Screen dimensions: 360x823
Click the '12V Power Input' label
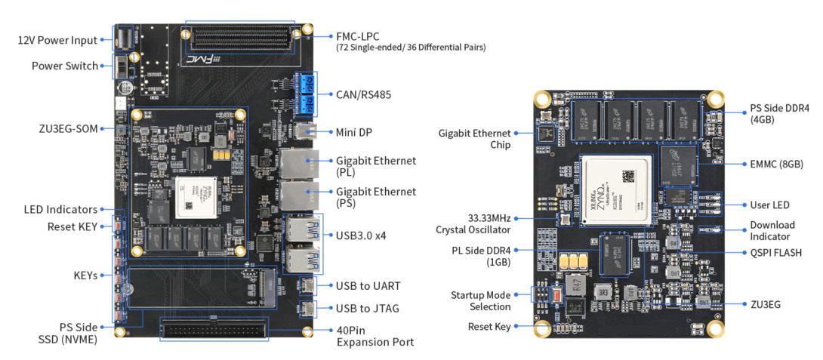(x=58, y=40)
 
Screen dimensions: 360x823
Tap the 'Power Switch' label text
(x=65, y=66)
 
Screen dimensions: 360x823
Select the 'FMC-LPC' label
(x=358, y=35)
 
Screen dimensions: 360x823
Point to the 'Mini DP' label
(x=354, y=132)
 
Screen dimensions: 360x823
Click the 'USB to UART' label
(x=368, y=286)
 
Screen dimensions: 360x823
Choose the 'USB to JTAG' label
(x=368, y=308)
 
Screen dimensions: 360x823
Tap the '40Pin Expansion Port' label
(x=375, y=336)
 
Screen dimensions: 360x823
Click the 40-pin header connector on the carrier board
(x=214, y=331)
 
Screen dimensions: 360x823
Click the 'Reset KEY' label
(x=72, y=226)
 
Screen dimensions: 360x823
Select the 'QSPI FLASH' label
(x=775, y=253)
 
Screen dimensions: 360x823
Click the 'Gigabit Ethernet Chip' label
(x=474, y=139)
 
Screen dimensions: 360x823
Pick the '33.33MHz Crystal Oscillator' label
(x=473, y=223)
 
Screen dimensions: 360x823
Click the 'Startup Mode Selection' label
(x=480, y=300)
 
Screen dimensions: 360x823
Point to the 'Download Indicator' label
(x=772, y=230)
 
